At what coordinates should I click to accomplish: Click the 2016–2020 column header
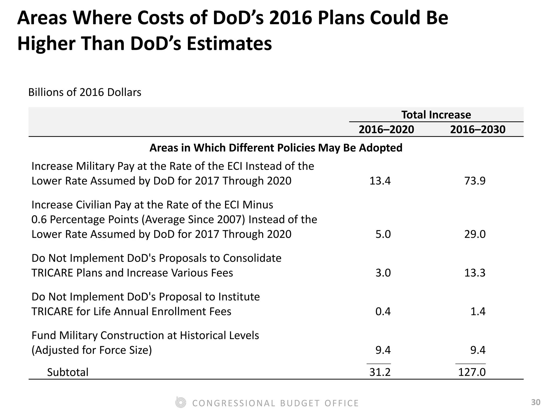pyautogui.click(x=386, y=130)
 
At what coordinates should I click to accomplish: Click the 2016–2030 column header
pyautogui.click(x=478, y=130)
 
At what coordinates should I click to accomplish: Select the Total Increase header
pyautogui.click(x=436, y=115)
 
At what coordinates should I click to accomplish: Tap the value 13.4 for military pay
pyautogui.click(x=380, y=181)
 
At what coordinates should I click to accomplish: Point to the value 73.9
pyautogui.click(x=475, y=181)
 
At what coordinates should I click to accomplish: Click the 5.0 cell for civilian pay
pyautogui.click(x=383, y=234)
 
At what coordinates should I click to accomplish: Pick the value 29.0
pyautogui.click(x=475, y=234)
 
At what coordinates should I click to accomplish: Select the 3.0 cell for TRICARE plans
pyautogui.click(x=383, y=273)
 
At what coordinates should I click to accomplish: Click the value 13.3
pyautogui.click(x=475, y=273)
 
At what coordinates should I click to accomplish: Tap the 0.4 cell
pyautogui.click(x=383, y=312)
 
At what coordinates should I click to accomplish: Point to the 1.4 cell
pyautogui.click(x=478, y=312)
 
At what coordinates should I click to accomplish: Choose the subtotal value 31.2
pyautogui.click(x=380, y=372)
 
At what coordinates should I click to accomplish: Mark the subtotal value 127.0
pyautogui.click(x=472, y=372)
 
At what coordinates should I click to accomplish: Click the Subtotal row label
pyautogui.click(x=68, y=372)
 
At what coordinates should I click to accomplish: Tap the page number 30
pyautogui.click(x=536, y=402)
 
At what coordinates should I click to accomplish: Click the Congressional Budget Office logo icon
pyautogui.click(x=180, y=403)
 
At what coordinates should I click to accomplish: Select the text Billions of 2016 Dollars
pyautogui.click(x=85, y=92)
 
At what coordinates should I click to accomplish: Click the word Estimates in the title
pyautogui.click(x=229, y=44)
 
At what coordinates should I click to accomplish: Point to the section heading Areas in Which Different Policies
pyautogui.click(x=276, y=148)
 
